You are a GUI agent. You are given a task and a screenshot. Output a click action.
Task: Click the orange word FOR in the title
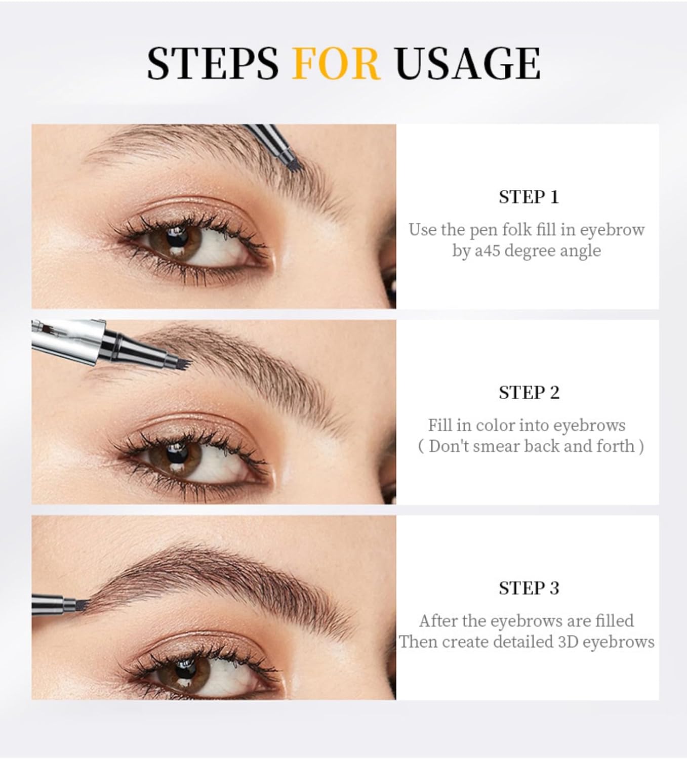pyautogui.click(x=336, y=63)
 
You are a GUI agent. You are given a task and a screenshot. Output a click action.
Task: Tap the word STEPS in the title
pyautogui.click(x=213, y=63)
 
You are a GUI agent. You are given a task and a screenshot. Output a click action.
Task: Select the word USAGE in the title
pyautogui.click(x=468, y=63)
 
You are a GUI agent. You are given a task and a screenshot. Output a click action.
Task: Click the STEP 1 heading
pyautogui.click(x=528, y=197)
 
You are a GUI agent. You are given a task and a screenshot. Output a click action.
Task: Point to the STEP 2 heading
pyautogui.click(x=529, y=393)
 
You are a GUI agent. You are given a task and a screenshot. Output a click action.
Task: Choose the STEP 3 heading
pyautogui.click(x=529, y=588)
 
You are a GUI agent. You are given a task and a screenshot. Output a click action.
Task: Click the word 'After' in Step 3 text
pyautogui.click(x=438, y=620)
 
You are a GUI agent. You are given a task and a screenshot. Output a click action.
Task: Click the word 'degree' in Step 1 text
pyautogui.click(x=536, y=250)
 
